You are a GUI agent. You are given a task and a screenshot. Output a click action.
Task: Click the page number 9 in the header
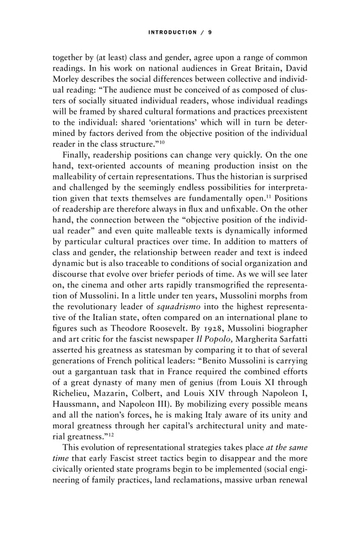click(210, 32)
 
